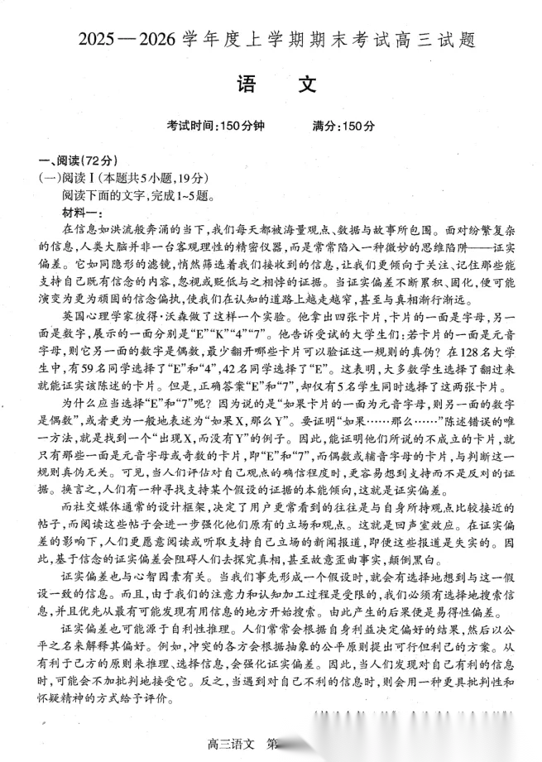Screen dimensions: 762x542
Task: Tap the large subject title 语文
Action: [x=272, y=85]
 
